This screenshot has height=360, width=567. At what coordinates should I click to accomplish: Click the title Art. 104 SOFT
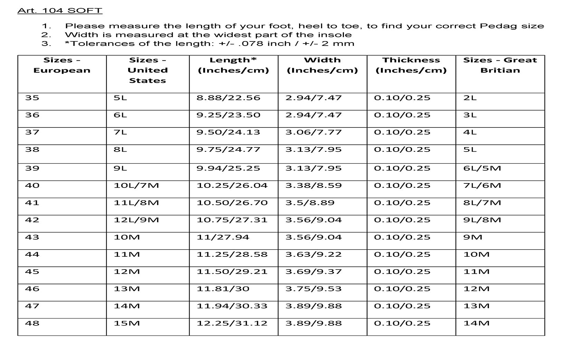(60, 10)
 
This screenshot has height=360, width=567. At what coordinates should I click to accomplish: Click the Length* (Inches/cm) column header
(233, 65)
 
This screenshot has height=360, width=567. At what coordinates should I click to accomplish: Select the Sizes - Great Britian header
(500, 65)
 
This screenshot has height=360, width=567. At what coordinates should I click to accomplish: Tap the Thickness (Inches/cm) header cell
(411, 65)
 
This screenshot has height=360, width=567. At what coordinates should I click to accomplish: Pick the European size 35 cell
(32, 98)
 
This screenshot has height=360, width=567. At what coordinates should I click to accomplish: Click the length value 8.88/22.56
(228, 98)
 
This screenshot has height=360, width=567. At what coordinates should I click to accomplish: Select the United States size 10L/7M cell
(136, 186)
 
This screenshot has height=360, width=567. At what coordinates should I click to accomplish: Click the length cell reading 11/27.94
(223, 237)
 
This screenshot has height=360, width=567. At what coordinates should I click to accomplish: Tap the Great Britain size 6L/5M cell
(482, 168)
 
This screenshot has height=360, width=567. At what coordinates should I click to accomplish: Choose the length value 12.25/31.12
(232, 323)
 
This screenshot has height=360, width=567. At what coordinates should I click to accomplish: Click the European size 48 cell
(32, 323)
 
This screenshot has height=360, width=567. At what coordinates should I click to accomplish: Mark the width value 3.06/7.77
(313, 132)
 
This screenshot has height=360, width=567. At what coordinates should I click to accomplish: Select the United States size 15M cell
(127, 323)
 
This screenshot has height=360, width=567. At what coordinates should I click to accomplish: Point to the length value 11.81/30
(223, 289)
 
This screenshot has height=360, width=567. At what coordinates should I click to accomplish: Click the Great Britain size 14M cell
(476, 323)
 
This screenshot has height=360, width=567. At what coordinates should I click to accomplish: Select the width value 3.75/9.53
(313, 289)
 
